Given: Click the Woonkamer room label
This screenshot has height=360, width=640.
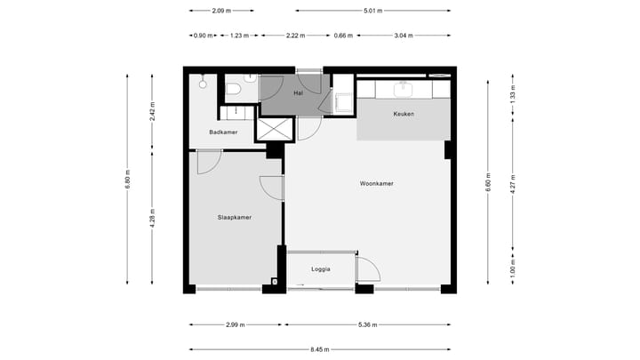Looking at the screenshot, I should coord(377,184).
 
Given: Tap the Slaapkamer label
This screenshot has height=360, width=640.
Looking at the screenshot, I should coord(234,217).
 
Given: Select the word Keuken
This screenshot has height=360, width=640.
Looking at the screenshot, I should coord(404,114).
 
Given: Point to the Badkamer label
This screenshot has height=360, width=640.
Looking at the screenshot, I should coord(223,132).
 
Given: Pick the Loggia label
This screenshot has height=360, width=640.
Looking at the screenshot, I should coord(321,268).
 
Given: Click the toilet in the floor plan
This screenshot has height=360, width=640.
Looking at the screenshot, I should coord(234,89).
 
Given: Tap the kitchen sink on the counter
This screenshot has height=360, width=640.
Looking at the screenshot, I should coord(404,88).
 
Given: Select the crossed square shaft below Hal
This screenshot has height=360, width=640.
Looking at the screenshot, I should coord(273,129).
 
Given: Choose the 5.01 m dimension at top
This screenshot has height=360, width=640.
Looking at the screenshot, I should coord(372,12).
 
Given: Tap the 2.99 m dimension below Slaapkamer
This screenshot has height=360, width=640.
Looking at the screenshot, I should coord(236,325).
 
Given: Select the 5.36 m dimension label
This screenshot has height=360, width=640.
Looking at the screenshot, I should coord(367,325).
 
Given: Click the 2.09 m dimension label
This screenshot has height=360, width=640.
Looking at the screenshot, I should coord(222,12).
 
